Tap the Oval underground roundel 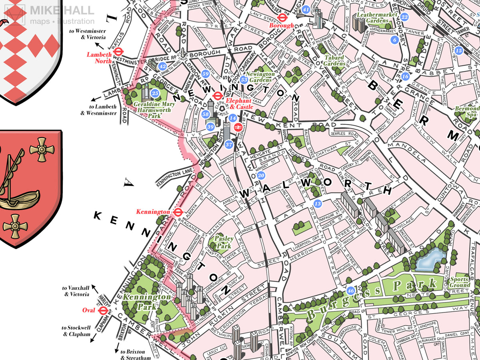click(x=103, y=310)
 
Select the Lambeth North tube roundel click(x=118, y=52)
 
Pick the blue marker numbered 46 click(x=350, y=291)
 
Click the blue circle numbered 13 click(x=318, y=204)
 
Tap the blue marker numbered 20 click(x=261, y=175)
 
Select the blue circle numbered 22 click(x=404, y=17)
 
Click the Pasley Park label click(x=224, y=242)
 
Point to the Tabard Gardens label click(x=334, y=60)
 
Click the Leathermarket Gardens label click(x=377, y=18)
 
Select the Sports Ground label click(x=460, y=282)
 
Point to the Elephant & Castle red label click(x=239, y=104)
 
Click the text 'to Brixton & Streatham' click(x=136, y=354)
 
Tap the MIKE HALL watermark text click(x=62, y=10)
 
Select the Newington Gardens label click(x=260, y=77)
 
